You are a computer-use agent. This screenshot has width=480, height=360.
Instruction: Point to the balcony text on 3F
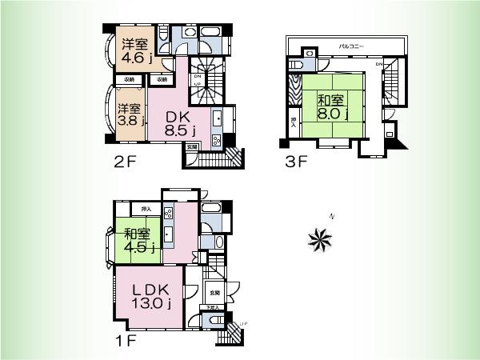click(352, 48)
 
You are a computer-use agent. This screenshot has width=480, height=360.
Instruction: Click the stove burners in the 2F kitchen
click(215, 141)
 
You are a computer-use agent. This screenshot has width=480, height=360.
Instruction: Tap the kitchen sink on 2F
click(216, 118)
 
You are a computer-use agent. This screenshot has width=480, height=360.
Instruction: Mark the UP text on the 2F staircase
click(197, 84)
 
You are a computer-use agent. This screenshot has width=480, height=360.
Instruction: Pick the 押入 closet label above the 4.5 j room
click(146, 210)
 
